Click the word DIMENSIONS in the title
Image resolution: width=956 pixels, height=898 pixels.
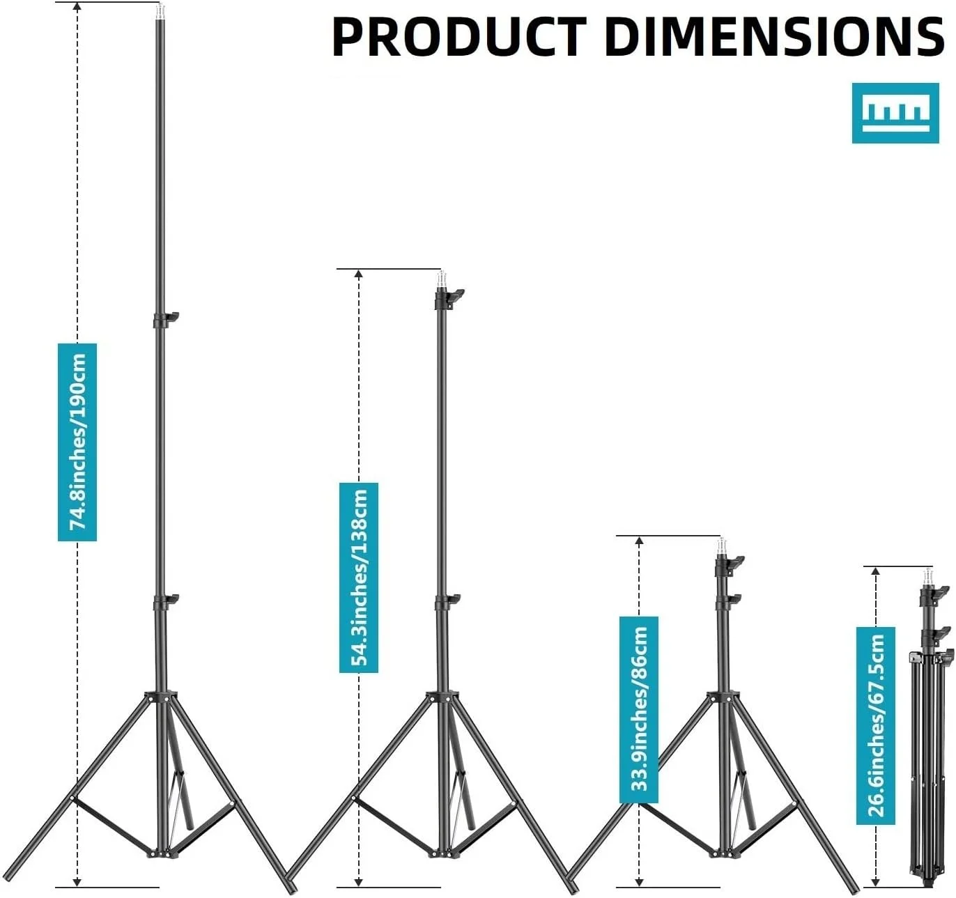pos(773,36)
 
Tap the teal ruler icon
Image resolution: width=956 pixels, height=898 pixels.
pos(894,113)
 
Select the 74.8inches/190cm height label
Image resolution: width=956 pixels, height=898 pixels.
pos(77,442)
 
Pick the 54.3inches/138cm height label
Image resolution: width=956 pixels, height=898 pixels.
pos(359,578)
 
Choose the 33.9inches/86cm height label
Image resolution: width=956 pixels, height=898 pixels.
pos(639,709)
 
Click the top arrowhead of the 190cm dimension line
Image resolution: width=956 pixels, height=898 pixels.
pos(77,8)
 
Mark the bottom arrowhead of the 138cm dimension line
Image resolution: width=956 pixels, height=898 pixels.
pos(359,881)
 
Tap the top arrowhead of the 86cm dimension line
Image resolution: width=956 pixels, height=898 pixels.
pos(639,541)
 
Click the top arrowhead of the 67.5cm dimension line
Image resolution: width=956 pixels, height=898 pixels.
pos(876,573)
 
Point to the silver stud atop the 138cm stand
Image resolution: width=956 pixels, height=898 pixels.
pos(441,280)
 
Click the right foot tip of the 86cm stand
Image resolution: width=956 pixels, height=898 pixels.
pos(854,889)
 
